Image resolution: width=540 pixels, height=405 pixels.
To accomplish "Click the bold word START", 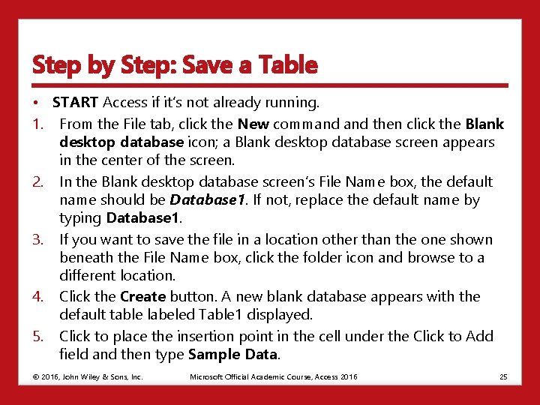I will tap(76, 102).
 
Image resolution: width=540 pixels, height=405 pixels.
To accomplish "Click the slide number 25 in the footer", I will tap(503, 376).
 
